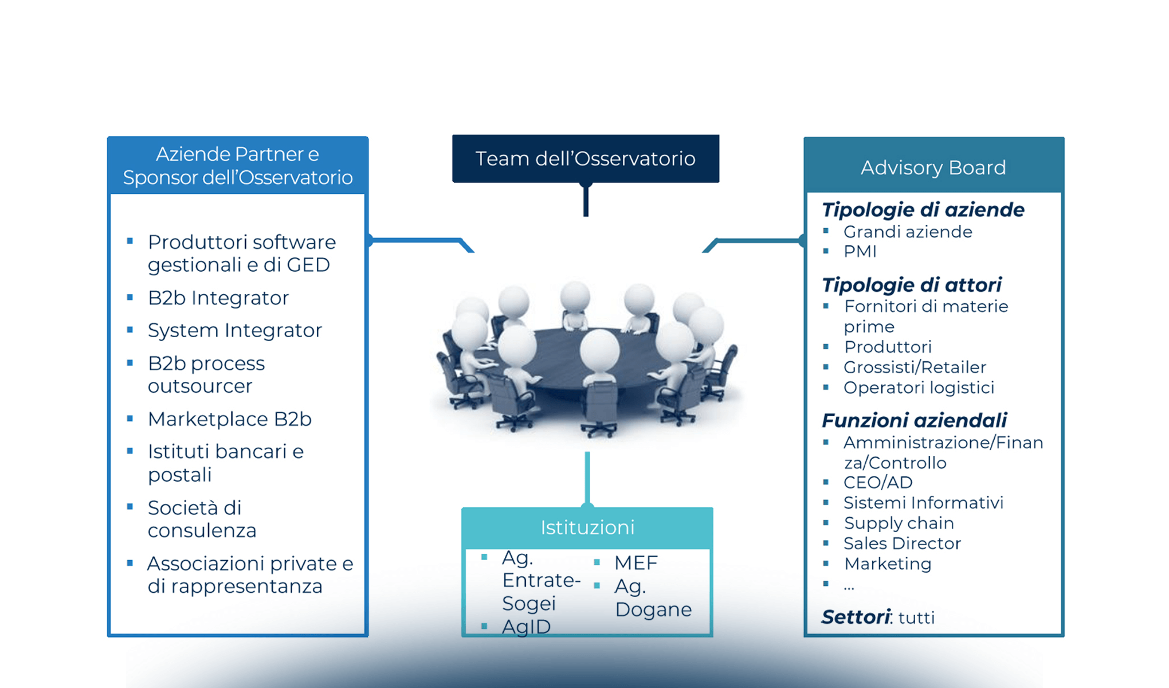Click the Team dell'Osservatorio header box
click(x=585, y=159)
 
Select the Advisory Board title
click(x=933, y=167)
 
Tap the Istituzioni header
click(x=587, y=527)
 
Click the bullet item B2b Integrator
click(x=218, y=298)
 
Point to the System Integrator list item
click(x=234, y=330)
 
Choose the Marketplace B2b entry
click(x=229, y=419)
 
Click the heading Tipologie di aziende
click(x=923, y=210)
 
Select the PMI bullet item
click(x=860, y=251)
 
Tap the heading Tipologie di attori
click(x=911, y=285)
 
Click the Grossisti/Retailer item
click(x=915, y=367)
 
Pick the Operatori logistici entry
click(x=919, y=388)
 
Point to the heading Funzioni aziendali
click(x=914, y=420)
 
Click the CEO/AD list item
click(x=878, y=482)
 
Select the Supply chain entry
click(x=899, y=523)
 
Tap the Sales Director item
click(x=902, y=543)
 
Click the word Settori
click(x=856, y=617)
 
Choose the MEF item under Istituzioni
click(x=636, y=562)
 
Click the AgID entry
click(x=526, y=627)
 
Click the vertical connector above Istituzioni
click(x=587, y=479)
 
